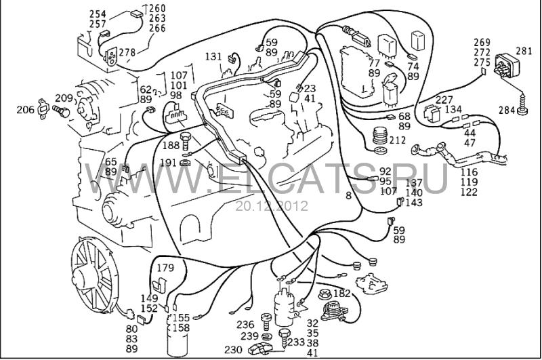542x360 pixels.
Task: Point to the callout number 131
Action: tap(213, 56)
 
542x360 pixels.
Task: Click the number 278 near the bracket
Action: tap(127, 52)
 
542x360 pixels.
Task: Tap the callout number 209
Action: tap(64, 98)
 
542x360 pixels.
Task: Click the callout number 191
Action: tap(169, 163)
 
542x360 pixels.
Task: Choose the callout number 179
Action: tap(166, 266)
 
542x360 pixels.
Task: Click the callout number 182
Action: tap(342, 293)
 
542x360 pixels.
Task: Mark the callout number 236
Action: tap(245, 324)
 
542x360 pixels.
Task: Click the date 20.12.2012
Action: tap(271, 205)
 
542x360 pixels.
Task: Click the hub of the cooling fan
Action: tap(89, 275)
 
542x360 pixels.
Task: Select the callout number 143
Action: tap(415, 202)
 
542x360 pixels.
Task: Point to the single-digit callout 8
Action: tap(348, 195)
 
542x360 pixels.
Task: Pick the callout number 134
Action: tap(454, 110)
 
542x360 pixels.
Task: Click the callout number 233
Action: tap(297, 342)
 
